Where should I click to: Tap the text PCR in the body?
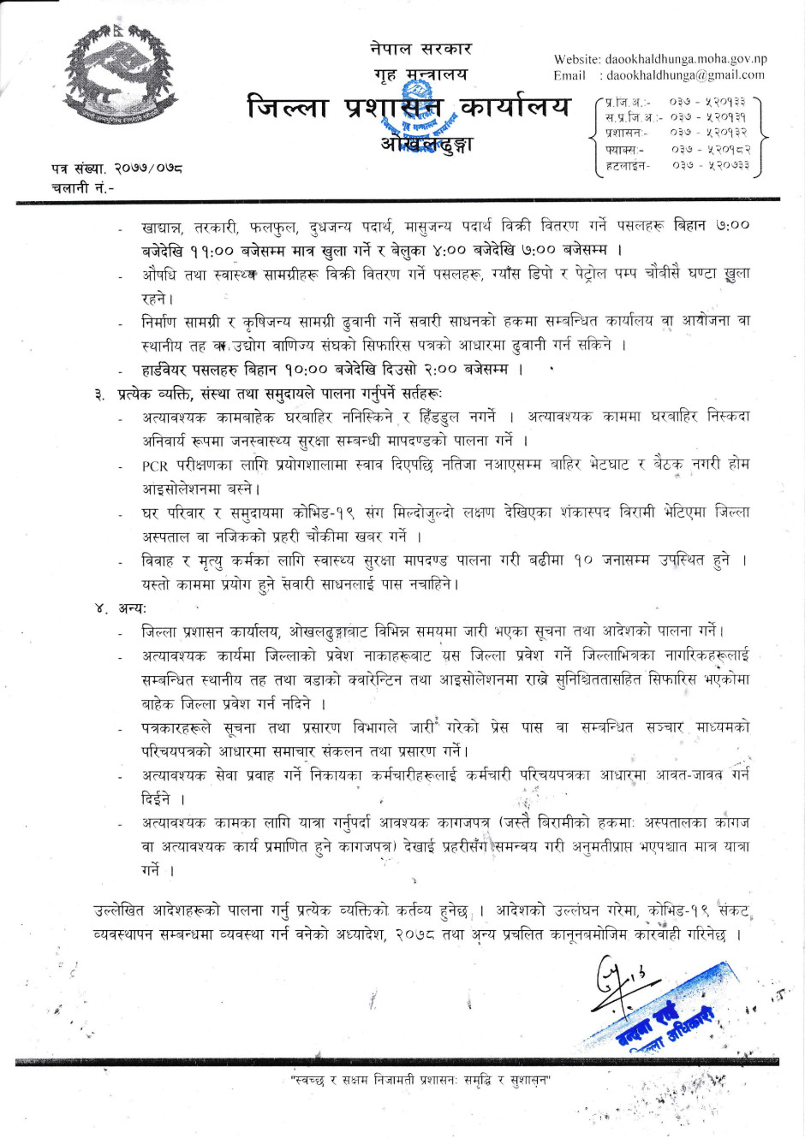pyautogui.click(x=155, y=465)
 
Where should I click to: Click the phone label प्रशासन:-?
pyautogui.click(x=626, y=133)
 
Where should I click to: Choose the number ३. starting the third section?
pyautogui.click(x=101, y=394)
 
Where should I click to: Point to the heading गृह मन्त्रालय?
pyautogui.click(x=420, y=74)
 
